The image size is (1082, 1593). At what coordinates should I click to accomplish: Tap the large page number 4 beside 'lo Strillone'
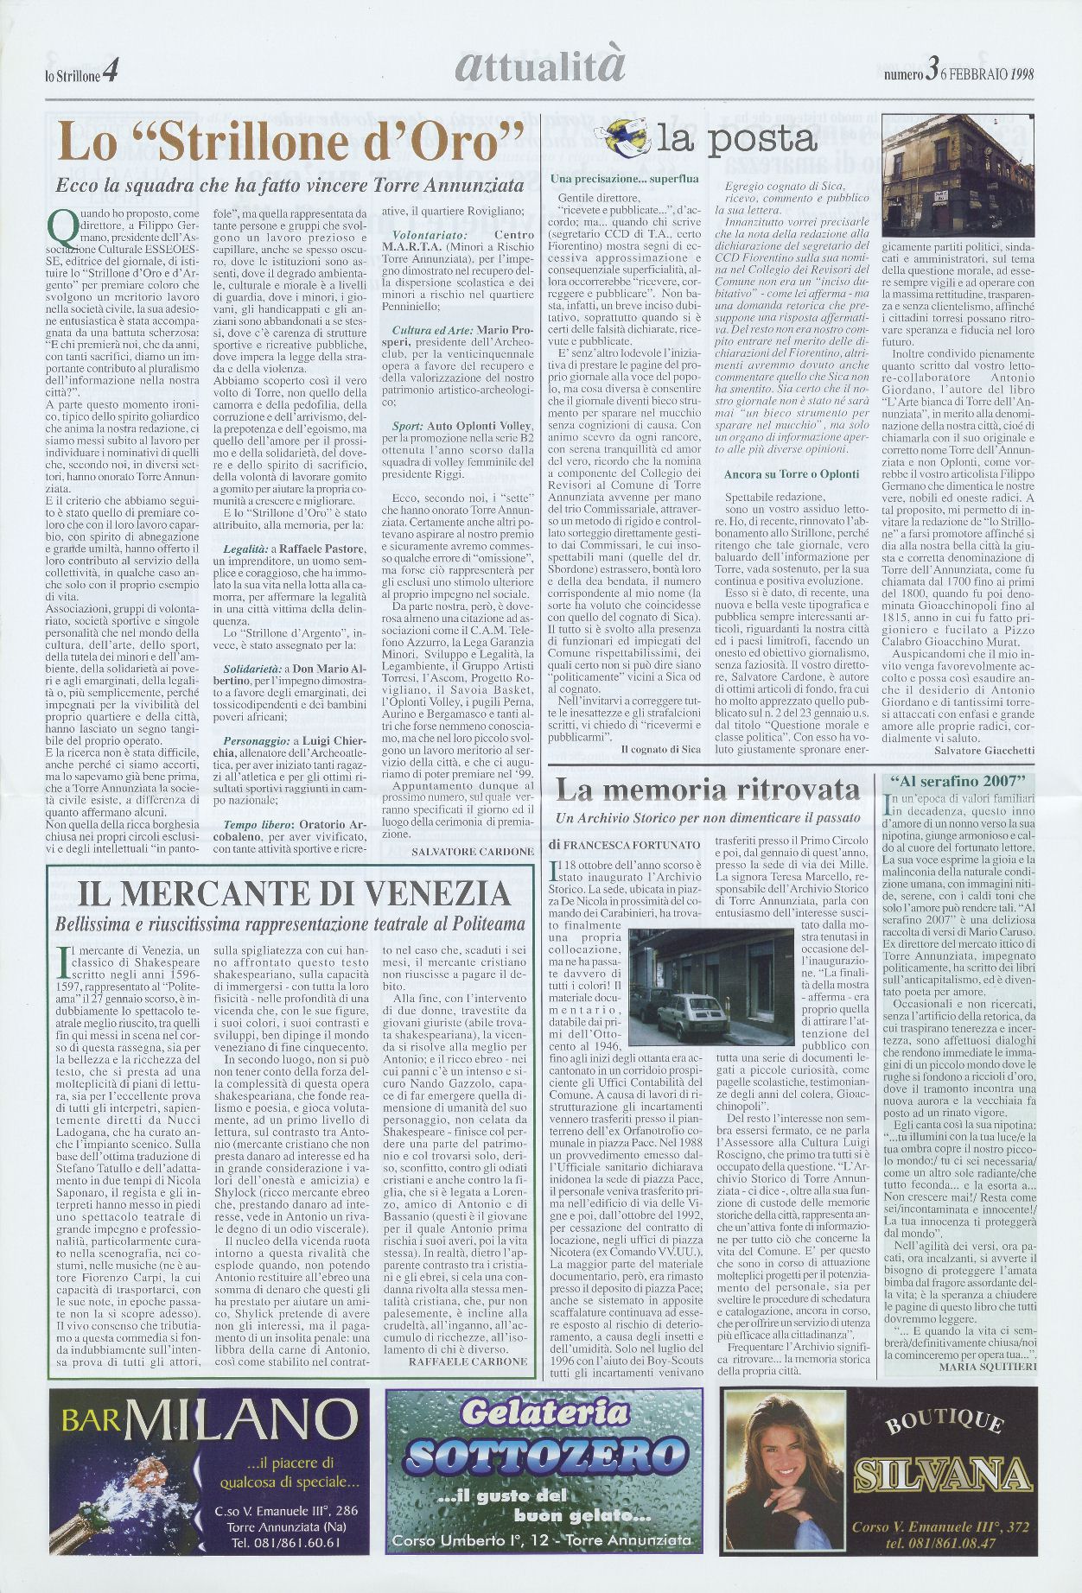110,74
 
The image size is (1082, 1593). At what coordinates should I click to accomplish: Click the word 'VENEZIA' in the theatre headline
413,893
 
